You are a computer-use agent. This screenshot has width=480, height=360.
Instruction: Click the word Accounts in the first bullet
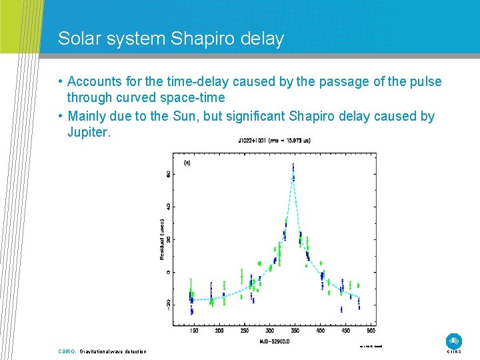(x=95, y=81)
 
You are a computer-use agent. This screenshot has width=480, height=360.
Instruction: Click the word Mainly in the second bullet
(x=89, y=116)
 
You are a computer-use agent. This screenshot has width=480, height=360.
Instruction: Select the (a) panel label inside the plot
(x=187, y=162)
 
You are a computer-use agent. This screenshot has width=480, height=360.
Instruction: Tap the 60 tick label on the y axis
(x=169, y=173)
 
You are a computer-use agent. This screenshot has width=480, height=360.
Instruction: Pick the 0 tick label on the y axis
(x=169, y=272)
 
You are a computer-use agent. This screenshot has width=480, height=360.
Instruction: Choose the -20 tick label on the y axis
(x=169, y=304)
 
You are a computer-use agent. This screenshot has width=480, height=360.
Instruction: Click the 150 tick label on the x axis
(x=193, y=331)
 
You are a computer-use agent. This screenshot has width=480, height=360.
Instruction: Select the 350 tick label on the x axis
(x=295, y=331)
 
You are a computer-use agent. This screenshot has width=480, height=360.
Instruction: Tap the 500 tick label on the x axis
(x=370, y=331)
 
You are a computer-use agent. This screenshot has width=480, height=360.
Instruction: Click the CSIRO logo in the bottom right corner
(x=454, y=341)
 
